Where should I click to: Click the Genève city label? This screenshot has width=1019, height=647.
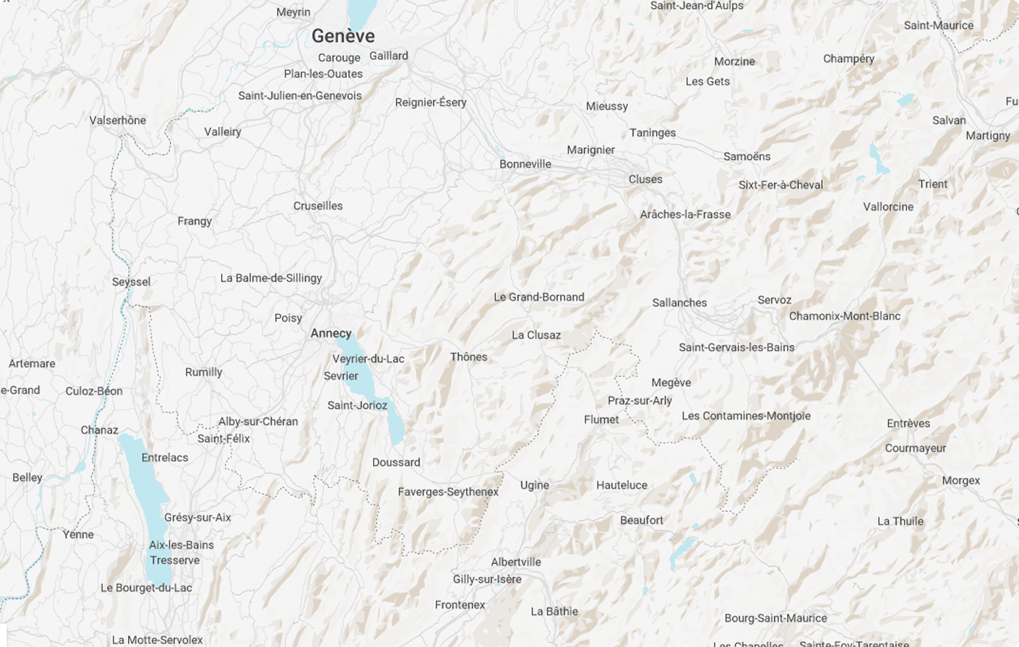click(x=343, y=36)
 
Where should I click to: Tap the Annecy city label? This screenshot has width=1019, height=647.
click(x=331, y=333)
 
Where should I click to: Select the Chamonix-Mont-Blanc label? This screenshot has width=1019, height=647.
click(x=845, y=316)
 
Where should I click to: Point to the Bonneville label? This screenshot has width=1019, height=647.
click(x=525, y=164)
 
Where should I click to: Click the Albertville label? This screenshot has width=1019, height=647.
click(x=516, y=562)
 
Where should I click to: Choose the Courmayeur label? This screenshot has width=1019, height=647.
click(x=916, y=448)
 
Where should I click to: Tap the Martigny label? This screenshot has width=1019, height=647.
click(x=988, y=135)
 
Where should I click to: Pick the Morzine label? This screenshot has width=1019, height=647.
click(x=734, y=61)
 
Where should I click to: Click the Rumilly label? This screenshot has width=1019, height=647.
click(x=204, y=372)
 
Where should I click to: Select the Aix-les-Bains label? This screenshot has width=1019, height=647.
click(x=181, y=545)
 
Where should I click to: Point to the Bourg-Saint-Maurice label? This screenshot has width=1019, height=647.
click(x=775, y=618)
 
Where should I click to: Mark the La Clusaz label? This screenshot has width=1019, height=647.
click(x=536, y=335)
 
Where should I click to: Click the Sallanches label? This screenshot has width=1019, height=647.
click(x=679, y=303)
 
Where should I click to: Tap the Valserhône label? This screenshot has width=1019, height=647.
click(x=118, y=120)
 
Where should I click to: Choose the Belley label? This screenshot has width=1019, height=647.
click(x=27, y=478)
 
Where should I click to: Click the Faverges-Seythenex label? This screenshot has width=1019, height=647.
click(x=448, y=492)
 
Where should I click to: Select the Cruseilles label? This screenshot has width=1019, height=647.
click(x=318, y=206)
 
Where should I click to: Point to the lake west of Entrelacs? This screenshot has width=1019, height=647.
click(x=145, y=492)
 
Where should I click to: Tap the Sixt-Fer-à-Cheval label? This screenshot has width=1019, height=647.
click(x=781, y=185)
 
